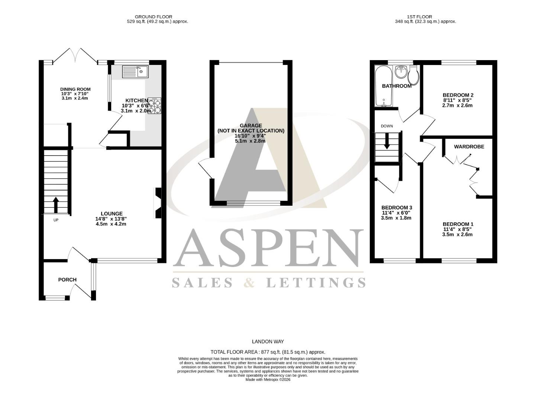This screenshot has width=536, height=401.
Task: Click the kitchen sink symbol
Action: [135, 72]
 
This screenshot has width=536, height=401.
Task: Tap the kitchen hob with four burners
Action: [155, 105]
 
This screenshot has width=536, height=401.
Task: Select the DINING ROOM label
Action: [75, 89]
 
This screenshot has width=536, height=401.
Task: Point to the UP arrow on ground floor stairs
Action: [56, 205]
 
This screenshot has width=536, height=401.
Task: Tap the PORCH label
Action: [67, 280]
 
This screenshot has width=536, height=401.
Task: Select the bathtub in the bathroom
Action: [383, 85]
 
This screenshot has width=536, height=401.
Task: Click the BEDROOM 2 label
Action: [458, 95]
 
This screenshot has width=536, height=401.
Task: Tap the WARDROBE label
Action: [469, 147]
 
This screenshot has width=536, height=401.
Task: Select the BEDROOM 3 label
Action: [397, 208]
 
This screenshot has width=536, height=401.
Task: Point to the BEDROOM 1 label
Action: [458, 224]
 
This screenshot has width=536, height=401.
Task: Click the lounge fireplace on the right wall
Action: [158, 204]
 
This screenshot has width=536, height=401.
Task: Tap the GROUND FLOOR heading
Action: [153, 17]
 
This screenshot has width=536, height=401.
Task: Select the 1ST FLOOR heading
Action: [419, 17]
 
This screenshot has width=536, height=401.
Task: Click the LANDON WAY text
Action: [268, 342]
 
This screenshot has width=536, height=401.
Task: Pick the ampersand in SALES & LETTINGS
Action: [250, 283]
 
